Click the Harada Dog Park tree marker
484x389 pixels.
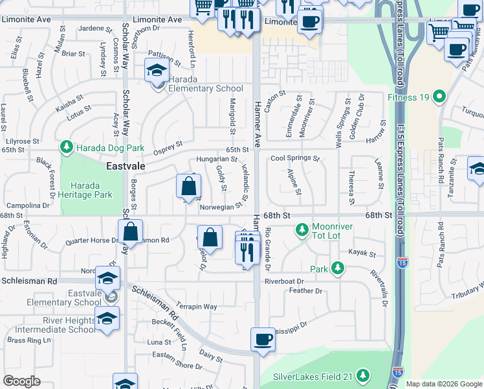coord(67,148)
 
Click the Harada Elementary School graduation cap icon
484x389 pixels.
coord(156,71)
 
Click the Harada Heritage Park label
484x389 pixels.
coord(85,189)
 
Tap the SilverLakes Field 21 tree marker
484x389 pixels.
coord(363,375)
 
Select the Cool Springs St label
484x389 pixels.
coord(295,158)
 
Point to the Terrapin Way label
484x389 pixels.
coord(197,307)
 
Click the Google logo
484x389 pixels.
coord(21,381)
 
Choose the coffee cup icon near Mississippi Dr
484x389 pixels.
coord(263,340)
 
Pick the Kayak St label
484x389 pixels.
coord(362,253)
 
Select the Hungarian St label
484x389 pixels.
coord(217,159)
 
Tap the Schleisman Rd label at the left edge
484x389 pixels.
coord(29,281)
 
